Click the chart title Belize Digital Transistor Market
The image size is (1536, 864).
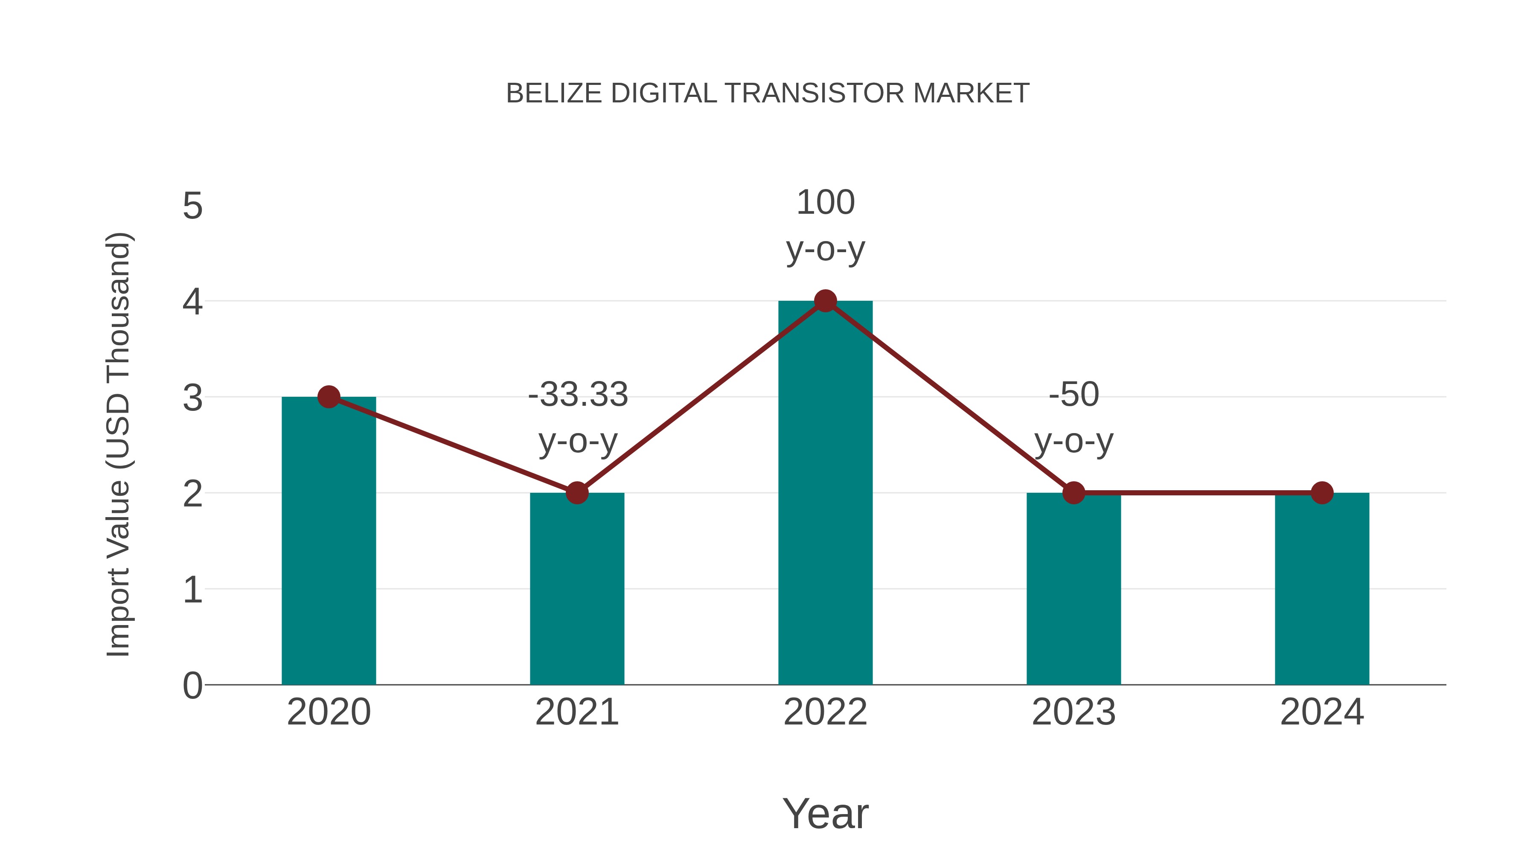[768, 93]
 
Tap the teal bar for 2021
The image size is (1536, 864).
[576, 591]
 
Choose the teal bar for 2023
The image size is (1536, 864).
[1073, 591]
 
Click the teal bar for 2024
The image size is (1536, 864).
[1322, 591]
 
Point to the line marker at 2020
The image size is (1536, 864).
[329, 396]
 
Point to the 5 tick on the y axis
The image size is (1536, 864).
[192, 207]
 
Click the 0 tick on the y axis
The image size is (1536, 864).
[192, 685]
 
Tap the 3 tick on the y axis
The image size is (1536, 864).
[192, 398]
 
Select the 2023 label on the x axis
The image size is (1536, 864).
[1073, 712]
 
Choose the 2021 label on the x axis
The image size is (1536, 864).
[576, 712]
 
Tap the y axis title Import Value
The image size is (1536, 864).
[118, 444]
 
